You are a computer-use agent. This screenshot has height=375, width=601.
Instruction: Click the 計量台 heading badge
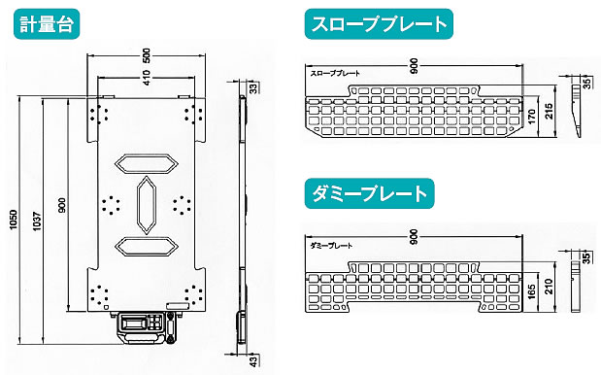[47, 24]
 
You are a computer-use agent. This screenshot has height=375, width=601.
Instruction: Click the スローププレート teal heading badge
[379, 24]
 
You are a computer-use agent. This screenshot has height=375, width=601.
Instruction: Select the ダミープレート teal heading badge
[370, 193]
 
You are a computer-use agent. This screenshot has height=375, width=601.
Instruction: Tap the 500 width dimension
[147, 56]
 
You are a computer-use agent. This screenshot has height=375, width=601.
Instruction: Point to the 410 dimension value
[147, 78]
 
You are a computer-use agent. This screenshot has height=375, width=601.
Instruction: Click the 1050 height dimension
[14, 220]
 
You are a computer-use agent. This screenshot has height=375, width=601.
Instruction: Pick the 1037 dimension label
[37, 222]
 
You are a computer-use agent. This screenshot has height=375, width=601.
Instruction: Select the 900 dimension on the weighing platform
[62, 205]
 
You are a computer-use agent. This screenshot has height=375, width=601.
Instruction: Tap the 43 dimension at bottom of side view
[253, 360]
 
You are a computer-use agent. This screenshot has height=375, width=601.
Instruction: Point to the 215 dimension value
[549, 111]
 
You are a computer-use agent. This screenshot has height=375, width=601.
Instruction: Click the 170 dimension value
[531, 117]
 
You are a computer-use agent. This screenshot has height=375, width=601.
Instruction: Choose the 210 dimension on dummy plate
[550, 287]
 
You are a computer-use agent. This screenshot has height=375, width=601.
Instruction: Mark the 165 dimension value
[531, 291]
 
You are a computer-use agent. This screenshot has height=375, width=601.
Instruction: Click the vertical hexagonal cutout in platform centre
[147, 205]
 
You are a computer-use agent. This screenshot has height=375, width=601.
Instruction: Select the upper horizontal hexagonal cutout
[147, 164]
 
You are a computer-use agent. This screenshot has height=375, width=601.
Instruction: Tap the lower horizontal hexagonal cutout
[147, 246]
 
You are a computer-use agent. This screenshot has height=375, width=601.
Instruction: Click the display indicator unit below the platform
[148, 327]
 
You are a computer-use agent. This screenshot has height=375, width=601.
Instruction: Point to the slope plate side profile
[576, 111]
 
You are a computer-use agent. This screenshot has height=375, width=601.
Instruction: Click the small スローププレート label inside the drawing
[335, 73]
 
